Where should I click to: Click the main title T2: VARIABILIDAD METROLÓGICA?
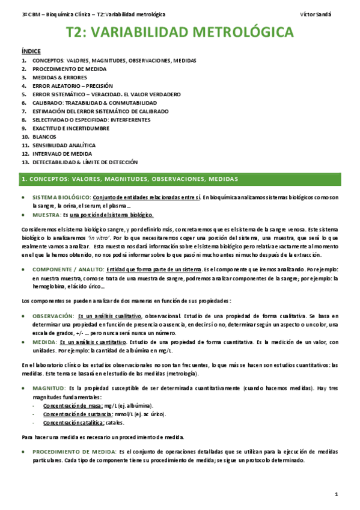(180, 32)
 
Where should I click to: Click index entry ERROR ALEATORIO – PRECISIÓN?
(73, 86)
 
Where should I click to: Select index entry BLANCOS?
(45, 137)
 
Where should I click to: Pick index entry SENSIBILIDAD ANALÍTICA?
(64, 145)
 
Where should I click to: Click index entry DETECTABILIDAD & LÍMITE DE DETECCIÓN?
(85, 162)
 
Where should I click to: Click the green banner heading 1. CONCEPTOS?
(129, 179)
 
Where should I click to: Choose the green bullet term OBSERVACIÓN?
(53, 316)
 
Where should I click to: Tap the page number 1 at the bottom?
(337, 494)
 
